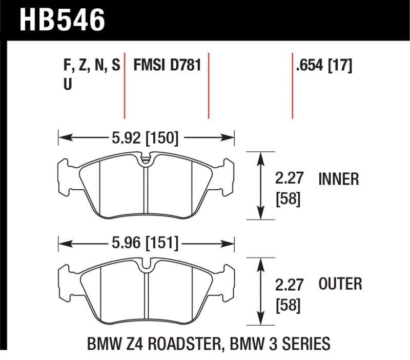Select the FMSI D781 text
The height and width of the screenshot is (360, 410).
click(x=166, y=66)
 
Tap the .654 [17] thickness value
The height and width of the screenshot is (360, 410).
click(x=323, y=66)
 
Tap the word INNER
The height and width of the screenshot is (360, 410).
click(x=339, y=179)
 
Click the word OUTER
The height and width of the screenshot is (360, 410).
click(x=340, y=284)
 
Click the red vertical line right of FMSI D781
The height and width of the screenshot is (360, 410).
click(x=209, y=85)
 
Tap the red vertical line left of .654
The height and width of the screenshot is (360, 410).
click(x=292, y=85)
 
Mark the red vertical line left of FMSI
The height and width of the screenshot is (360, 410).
click(x=125, y=85)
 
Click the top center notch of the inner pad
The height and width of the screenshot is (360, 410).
click(x=147, y=159)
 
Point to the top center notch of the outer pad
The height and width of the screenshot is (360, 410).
click(x=147, y=265)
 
